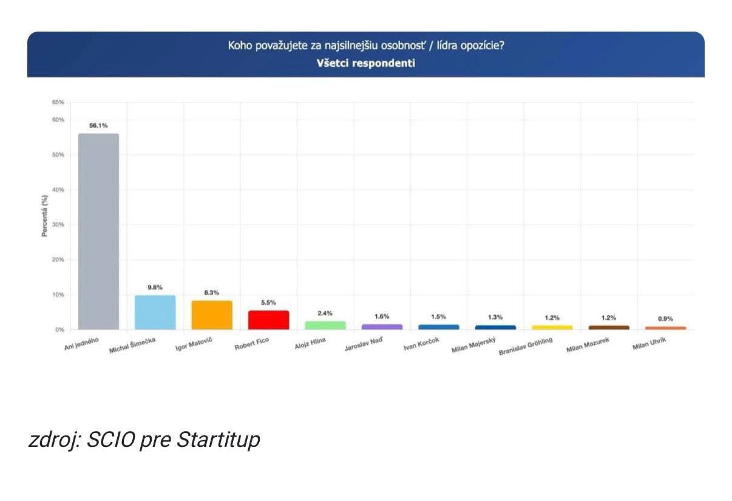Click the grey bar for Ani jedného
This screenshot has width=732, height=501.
98,231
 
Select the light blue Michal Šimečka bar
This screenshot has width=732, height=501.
155,312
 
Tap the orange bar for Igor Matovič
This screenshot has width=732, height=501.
212,315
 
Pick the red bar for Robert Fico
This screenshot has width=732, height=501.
268,320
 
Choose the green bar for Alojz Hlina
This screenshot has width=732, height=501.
325,325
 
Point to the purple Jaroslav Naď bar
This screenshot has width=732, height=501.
382,327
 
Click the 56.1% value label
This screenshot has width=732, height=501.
98,126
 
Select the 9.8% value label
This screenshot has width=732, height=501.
155,287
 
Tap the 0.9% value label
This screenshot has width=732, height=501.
665,319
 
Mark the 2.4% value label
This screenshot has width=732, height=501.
325,313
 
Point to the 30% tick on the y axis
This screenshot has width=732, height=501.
58,225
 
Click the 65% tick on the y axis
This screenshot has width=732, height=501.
58,102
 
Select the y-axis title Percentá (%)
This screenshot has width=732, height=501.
45,216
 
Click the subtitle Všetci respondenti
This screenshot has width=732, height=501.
365,63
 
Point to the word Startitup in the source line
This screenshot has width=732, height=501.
218,440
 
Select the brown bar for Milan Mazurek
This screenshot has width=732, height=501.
609,327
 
